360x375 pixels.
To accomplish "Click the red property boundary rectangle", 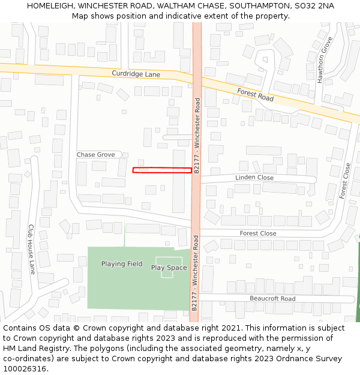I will (162, 170).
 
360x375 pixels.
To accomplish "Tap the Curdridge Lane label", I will (136, 74).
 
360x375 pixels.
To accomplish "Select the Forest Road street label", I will (255, 94).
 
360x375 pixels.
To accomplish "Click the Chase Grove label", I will (95, 155).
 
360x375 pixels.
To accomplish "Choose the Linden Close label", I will (254, 178).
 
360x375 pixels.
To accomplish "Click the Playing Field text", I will (122, 264).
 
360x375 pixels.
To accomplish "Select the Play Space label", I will (169, 268).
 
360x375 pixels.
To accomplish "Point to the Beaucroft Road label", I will (272, 299).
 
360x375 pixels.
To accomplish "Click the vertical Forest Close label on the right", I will (344, 181).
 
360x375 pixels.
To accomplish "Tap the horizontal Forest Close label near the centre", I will (258, 233).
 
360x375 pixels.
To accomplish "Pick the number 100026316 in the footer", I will (23, 369).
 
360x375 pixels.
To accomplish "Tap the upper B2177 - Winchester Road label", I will (197, 136).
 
